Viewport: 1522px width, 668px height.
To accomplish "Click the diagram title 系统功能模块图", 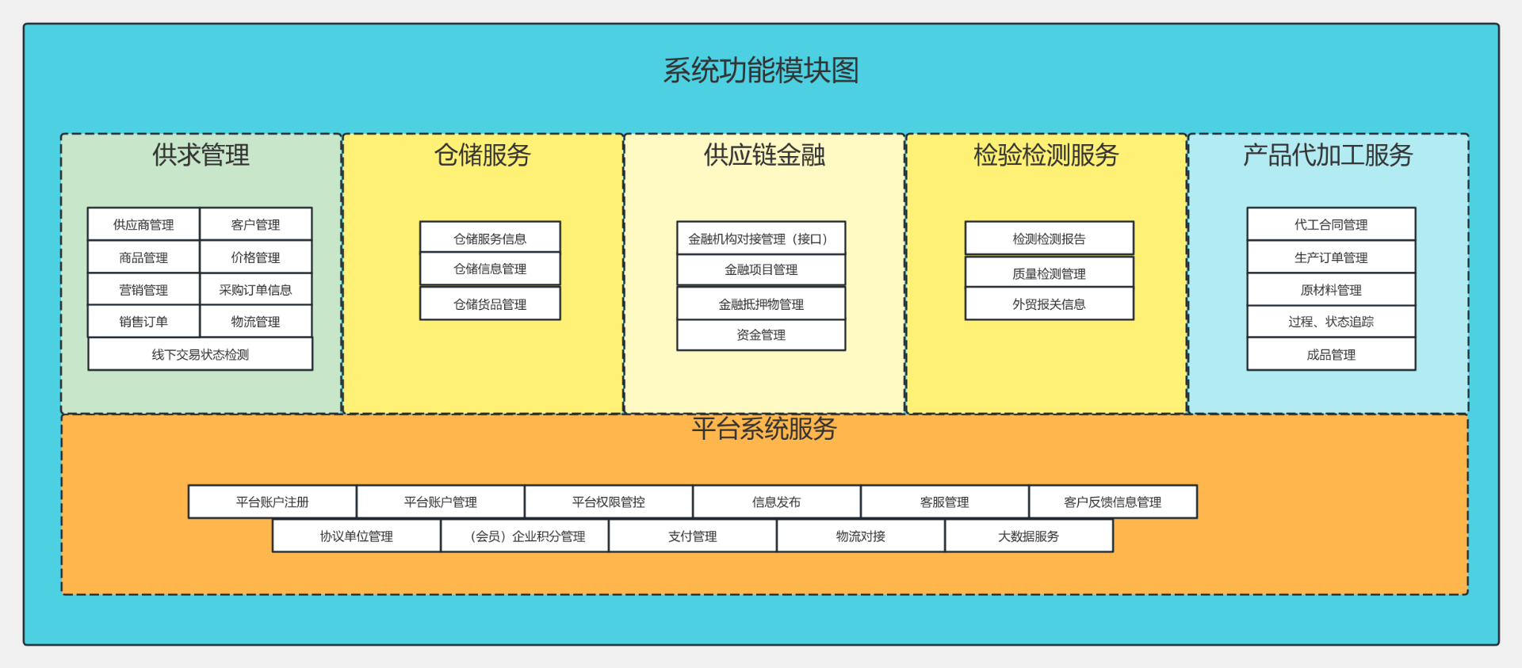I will click(x=761, y=71).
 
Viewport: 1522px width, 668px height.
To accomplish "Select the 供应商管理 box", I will click(x=143, y=224).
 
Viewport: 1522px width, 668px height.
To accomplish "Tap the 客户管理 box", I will click(x=255, y=224).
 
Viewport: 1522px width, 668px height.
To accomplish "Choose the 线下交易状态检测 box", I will click(x=201, y=354).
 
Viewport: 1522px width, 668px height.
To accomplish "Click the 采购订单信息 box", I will click(x=255, y=289).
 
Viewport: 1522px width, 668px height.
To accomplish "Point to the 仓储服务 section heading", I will click(x=482, y=155).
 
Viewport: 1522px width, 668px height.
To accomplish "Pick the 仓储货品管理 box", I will click(x=490, y=303).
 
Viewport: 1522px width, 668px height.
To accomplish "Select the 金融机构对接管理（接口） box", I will click(x=761, y=239).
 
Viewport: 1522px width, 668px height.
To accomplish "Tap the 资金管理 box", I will click(x=761, y=334).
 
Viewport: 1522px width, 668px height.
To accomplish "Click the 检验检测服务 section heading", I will click(x=1046, y=155).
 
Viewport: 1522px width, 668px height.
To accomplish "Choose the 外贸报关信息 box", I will click(x=1049, y=303).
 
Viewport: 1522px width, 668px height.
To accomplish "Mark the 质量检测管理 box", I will click(x=1049, y=273).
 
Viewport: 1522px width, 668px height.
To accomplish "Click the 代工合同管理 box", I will click(x=1331, y=224).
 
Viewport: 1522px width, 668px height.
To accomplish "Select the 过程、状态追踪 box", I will click(x=1331, y=321).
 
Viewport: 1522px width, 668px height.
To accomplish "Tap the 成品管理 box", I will click(x=1331, y=354).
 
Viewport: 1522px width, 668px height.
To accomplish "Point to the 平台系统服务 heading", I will click(x=764, y=429).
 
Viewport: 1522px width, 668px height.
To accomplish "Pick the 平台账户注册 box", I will click(x=272, y=502).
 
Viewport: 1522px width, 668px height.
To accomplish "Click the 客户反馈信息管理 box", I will click(x=1112, y=502).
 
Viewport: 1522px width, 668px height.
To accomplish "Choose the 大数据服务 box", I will click(x=1028, y=536).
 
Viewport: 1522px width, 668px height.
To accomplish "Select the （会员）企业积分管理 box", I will click(x=525, y=536).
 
